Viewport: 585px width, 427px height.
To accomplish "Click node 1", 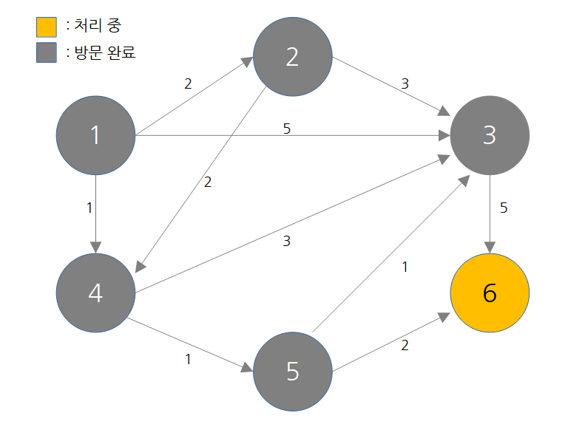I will (x=95, y=135).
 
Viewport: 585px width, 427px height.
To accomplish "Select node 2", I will (x=292, y=57).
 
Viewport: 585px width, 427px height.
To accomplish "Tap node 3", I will (x=489, y=135).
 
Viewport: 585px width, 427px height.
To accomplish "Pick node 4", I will (x=95, y=293).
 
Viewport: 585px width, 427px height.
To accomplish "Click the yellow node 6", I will (x=489, y=293).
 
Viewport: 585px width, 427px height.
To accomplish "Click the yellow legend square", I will (x=46, y=27).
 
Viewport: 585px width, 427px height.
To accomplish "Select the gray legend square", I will (x=46, y=53).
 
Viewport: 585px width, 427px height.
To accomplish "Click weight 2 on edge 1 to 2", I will (x=188, y=83).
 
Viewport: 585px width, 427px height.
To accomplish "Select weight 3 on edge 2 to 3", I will (x=405, y=83).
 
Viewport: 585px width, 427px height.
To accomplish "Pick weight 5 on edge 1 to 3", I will (x=287, y=129).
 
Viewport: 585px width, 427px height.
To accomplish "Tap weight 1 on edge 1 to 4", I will (x=89, y=208).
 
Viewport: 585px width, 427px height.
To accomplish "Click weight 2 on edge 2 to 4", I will (x=208, y=182).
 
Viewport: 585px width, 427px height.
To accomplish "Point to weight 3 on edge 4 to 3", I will (x=287, y=242).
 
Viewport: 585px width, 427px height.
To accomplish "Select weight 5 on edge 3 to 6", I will (x=504, y=208).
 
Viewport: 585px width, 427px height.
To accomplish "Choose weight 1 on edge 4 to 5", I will (x=188, y=360).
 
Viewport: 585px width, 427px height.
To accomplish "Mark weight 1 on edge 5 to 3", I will (x=405, y=267).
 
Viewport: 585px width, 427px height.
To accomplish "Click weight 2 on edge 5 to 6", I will (x=405, y=345).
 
